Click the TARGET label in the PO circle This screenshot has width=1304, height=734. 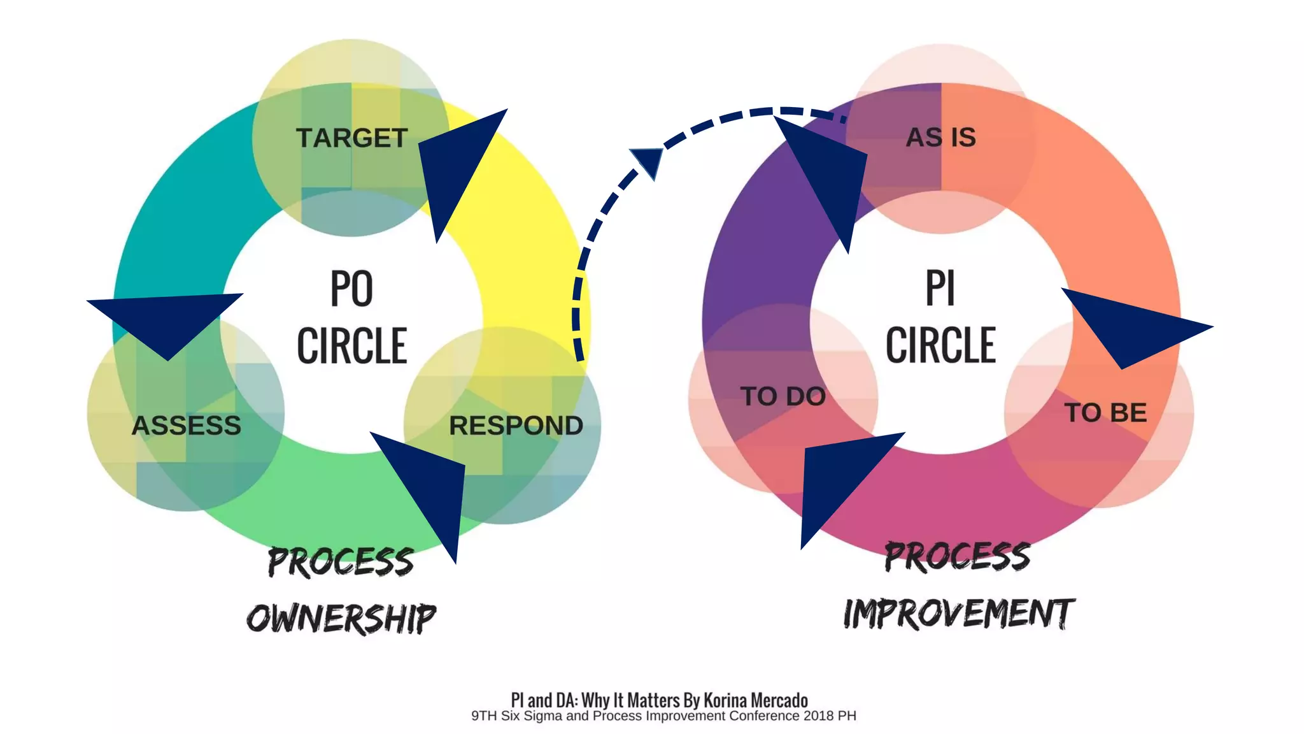coord(351,138)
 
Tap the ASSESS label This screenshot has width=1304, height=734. coord(186,426)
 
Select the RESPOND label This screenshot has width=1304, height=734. coord(516,426)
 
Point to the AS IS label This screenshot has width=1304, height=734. coord(940,138)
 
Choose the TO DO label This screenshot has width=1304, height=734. coord(783,396)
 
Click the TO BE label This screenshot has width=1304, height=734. coord(1105,413)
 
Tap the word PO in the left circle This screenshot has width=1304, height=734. coord(351,289)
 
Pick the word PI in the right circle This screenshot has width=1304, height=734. coord(940,289)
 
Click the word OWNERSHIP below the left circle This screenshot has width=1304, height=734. coord(341,619)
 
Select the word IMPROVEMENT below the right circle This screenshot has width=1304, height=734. coord(959,614)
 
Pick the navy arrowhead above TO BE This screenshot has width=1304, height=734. coord(1133,327)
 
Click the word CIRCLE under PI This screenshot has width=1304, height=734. coord(940,345)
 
